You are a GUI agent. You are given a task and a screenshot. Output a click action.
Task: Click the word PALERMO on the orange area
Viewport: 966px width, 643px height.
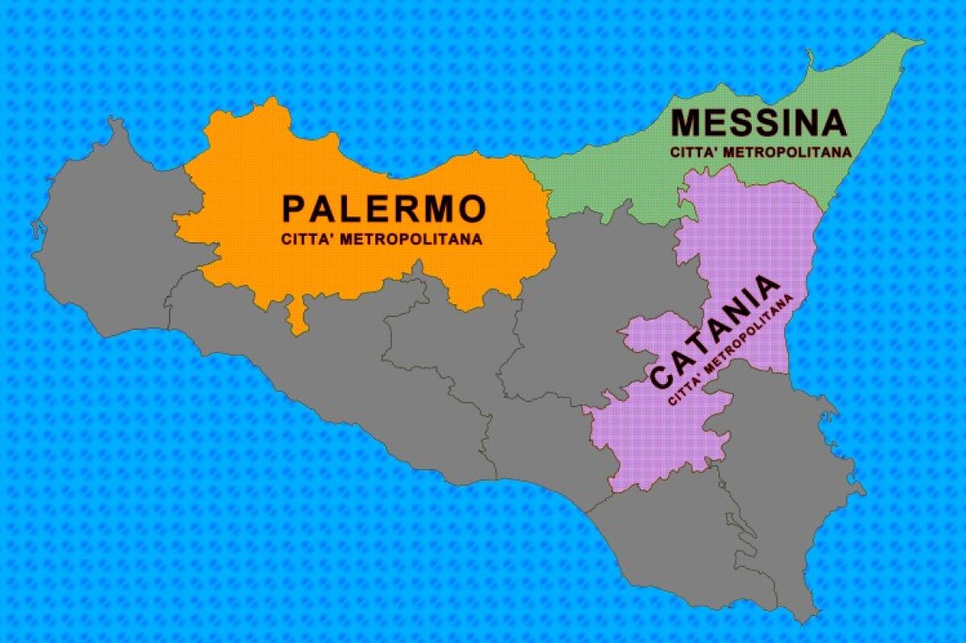[385, 209]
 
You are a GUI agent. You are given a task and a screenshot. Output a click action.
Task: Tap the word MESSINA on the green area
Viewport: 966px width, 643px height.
[759, 123]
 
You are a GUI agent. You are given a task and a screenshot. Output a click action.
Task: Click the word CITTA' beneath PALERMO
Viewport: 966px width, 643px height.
[307, 239]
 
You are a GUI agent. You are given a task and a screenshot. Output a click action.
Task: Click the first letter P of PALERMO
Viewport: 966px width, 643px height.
[295, 209]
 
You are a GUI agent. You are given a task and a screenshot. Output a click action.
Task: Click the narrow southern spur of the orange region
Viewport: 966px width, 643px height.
[299, 318]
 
